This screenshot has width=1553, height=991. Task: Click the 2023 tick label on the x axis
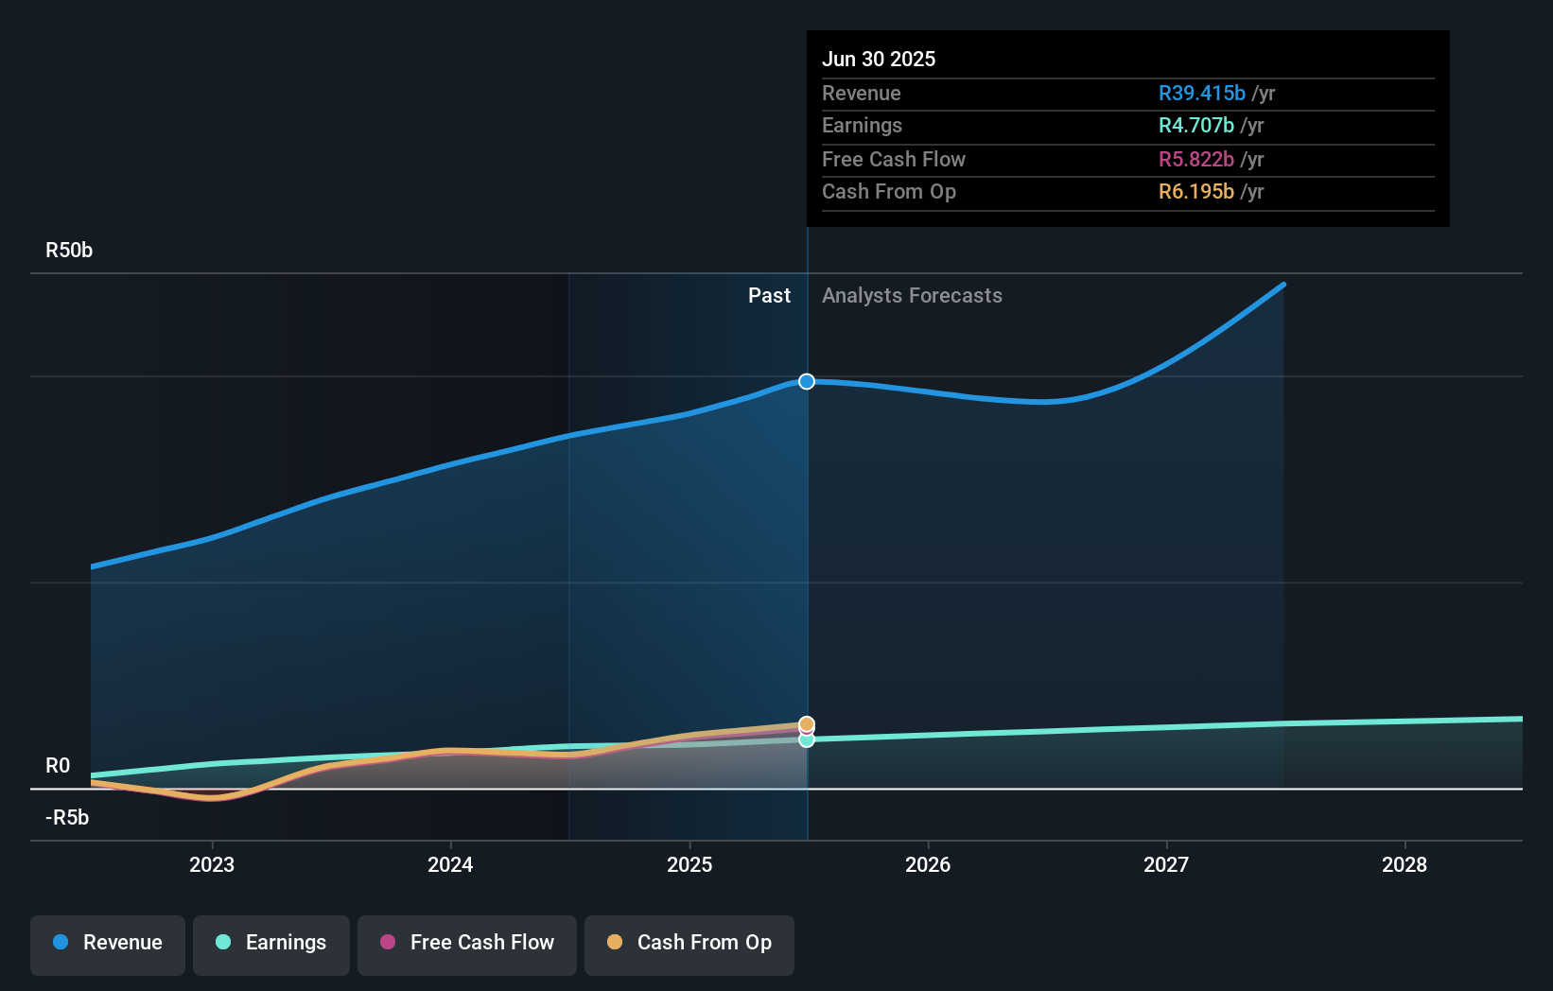211,864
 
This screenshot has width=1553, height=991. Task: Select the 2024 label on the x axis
450,864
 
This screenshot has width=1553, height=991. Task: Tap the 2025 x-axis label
689,864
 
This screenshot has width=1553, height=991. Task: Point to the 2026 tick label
928,864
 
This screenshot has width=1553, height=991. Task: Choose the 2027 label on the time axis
1166,864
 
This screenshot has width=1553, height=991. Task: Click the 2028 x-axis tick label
1405,864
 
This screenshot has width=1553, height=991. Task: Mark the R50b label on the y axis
69,251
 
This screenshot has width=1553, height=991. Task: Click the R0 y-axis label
58,766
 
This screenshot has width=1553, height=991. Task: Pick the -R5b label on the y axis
67,818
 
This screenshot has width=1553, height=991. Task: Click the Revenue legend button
108,944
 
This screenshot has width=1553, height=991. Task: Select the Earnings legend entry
271,944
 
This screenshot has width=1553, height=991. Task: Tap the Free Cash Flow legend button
467,944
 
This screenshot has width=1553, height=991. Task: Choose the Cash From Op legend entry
689,944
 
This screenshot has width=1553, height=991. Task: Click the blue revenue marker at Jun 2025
807,381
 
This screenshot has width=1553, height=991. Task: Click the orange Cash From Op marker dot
807,724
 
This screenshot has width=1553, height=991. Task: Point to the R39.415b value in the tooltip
1201,94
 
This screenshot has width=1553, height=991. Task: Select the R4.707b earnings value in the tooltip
1195,126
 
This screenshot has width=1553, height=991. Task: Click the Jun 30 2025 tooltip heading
879,60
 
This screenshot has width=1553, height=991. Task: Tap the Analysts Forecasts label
912,296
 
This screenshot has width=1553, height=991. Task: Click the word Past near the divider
769,296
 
